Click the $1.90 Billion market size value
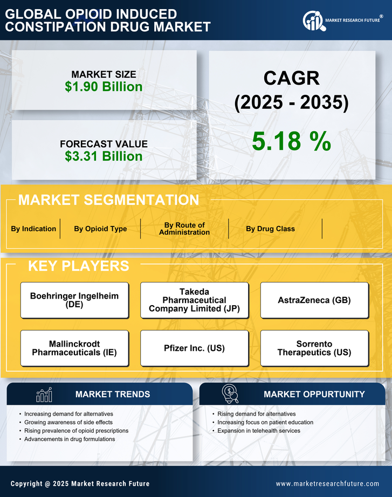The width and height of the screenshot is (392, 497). point(104,87)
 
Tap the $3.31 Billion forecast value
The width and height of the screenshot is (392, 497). point(104,156)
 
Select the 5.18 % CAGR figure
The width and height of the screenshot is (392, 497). point(291,141)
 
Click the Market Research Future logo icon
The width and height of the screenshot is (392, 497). point(313,21)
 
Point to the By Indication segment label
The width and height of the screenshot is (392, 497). point(33,229)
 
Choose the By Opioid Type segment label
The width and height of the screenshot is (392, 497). point(100,229)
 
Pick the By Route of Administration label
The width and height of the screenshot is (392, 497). point(184,229)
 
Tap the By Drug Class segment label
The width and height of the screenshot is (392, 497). point(270,229)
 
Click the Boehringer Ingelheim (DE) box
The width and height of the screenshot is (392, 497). point(74,300)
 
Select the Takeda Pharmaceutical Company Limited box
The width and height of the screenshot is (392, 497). point(194,300)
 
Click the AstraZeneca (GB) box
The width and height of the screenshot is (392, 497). point(314,300)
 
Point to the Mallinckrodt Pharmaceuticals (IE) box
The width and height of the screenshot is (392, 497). point(74,348)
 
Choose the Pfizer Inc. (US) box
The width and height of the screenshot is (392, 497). point(194,348)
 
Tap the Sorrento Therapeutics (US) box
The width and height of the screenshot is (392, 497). point(314,348)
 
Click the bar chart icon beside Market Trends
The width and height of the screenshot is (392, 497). point(44,395)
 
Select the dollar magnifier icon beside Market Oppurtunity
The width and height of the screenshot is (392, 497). point(230,394)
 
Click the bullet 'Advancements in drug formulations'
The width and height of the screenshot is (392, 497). point(70,439)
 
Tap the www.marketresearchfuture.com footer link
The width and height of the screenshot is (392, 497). point(327,484)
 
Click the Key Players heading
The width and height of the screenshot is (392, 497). point(78,266)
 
